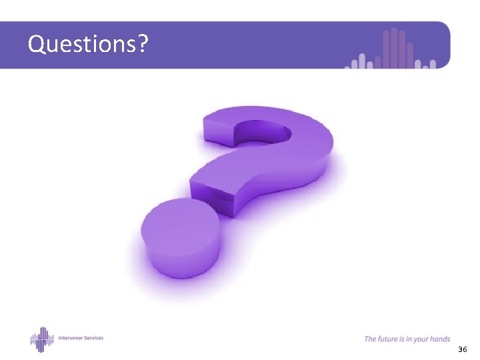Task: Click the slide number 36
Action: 462,350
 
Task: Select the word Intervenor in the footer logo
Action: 71,338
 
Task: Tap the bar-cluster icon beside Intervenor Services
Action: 42,339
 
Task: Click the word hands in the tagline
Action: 440,339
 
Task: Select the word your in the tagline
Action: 420,339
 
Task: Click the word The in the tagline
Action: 370,339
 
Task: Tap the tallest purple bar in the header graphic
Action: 394,48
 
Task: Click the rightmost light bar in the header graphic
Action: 433,64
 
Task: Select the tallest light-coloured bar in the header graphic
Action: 363,61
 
